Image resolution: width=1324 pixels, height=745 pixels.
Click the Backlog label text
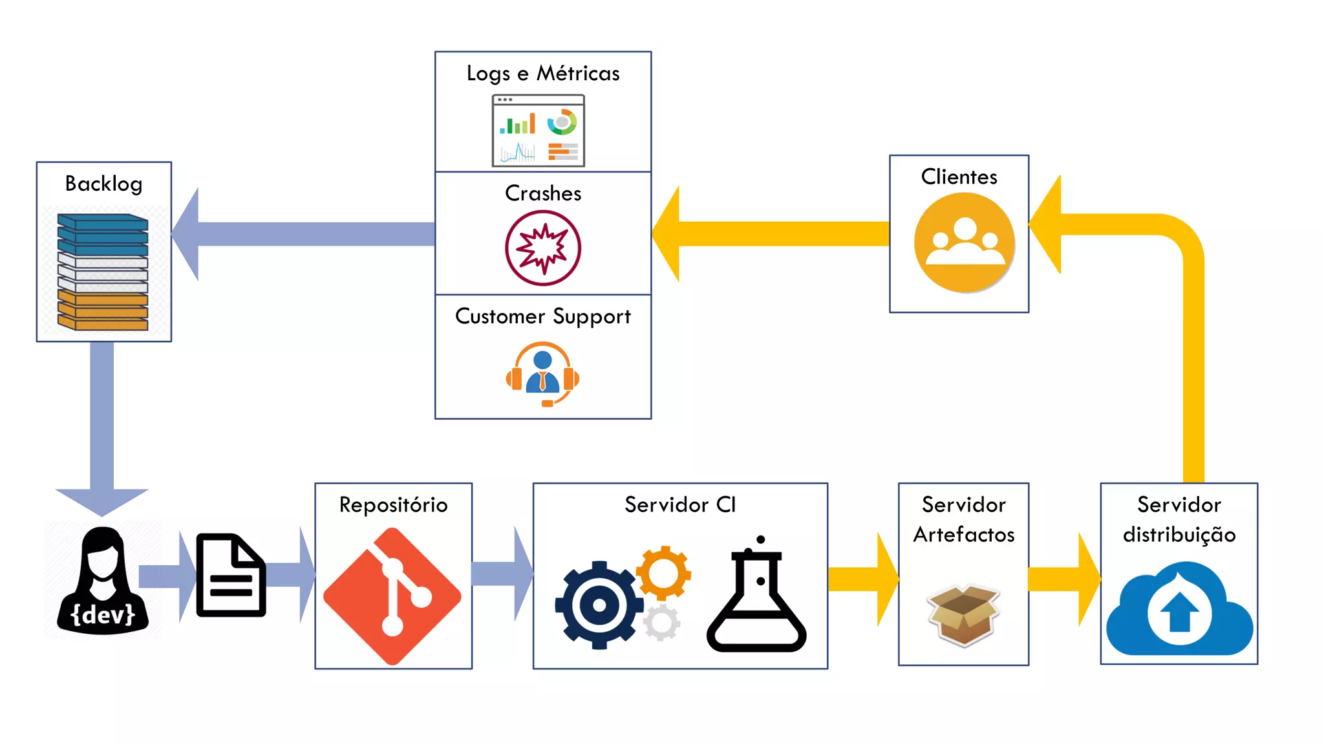point(103,184)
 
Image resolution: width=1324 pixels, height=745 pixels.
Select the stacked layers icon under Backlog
point(103,272)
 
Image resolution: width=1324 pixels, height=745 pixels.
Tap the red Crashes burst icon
point(543,248)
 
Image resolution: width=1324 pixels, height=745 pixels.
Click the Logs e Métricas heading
point(543,74)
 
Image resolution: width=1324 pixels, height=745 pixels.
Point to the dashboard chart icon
point(539,131)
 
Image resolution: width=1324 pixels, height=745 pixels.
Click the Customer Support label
point(543,316)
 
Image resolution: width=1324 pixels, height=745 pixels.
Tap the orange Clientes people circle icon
point(964,243)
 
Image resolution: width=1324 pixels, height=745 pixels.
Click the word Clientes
point(959,177)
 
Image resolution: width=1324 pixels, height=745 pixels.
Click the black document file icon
point(231,575)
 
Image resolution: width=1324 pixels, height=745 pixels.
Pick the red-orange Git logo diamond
point(392,596)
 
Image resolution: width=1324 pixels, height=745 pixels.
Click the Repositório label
point(393,504)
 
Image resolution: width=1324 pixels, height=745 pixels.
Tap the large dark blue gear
point(599,605)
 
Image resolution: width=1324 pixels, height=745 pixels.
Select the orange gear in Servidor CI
point(664,572)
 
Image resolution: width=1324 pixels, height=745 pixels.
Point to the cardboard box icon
point(963,614)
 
